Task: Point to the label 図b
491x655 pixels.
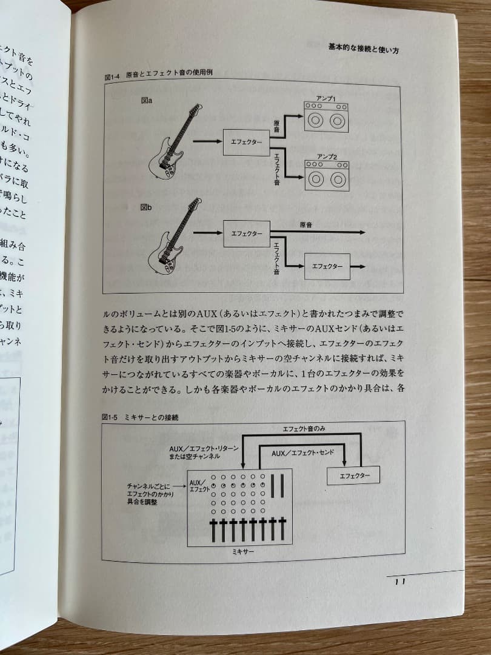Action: click(145, 207)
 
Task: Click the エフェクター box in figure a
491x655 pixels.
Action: click(246, 143)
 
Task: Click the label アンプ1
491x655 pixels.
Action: click(326, 98)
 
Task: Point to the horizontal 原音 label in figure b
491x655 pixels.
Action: click(306, 225)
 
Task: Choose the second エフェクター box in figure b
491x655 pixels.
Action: click(327, 267)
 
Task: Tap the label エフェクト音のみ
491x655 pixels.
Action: click(304, 429)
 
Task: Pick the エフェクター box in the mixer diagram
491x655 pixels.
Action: click(353, 475)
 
